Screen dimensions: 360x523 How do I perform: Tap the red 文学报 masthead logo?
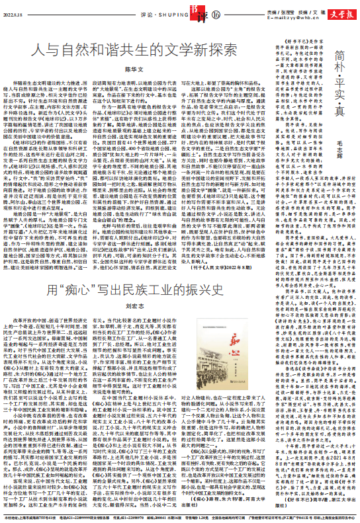[x=342, y=9]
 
